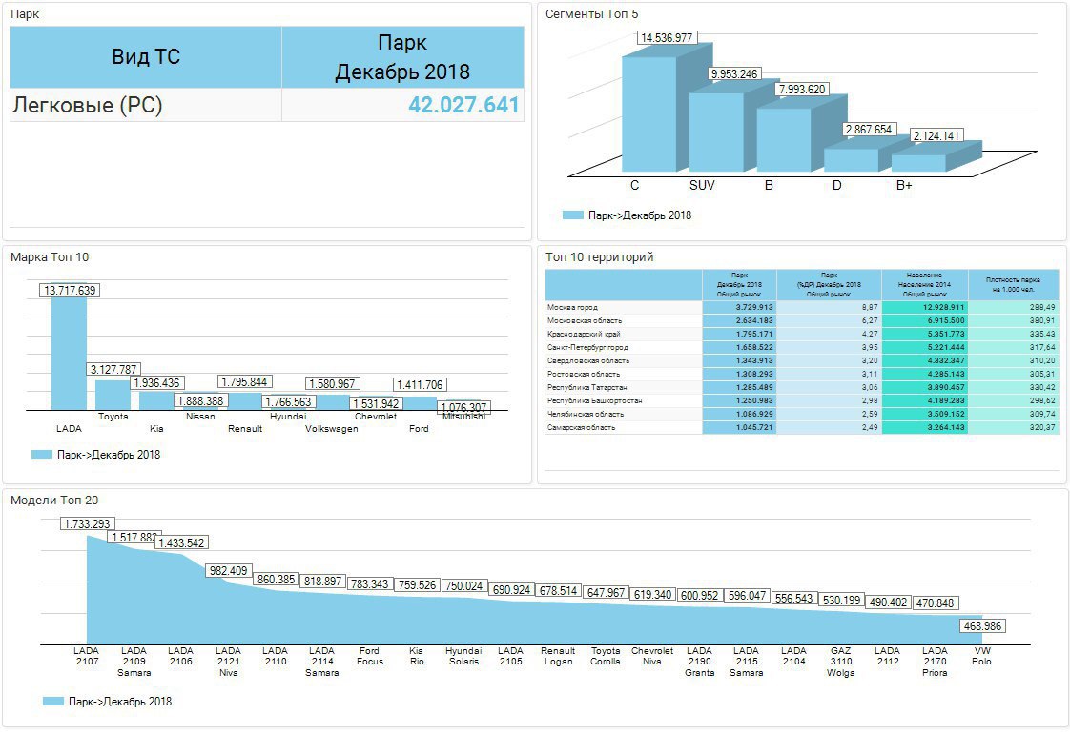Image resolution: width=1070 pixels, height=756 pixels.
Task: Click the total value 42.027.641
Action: (x=463, y=105)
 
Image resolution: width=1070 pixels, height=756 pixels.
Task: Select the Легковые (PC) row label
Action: (x=88, y=105)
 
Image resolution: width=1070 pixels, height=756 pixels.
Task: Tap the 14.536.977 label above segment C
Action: (x=668, y=38)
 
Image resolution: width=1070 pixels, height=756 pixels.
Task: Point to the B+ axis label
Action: (x=904, y=185)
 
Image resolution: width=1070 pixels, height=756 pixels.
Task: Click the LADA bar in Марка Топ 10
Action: (x=69, y=353)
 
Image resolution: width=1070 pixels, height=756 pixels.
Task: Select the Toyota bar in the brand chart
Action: (x=113, y=395)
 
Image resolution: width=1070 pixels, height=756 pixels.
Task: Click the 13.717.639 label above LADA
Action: (x=70, y=290)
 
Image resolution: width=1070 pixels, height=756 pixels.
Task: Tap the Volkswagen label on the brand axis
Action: (x=331, y=429)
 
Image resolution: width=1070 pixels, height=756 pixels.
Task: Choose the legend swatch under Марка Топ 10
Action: (x=41, y=455)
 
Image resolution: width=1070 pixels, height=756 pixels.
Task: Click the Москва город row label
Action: (x=572, y=308)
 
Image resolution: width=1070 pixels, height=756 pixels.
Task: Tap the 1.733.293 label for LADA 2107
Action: (x=88, y=523)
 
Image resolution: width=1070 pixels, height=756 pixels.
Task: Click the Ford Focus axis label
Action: (x=370, y=657)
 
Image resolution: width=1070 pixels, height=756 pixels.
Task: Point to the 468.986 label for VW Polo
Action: (x=981, y=626)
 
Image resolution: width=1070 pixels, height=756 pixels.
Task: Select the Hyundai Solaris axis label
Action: (x=463, y=657)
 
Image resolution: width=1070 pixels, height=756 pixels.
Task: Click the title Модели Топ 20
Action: (x=54, y=500)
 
